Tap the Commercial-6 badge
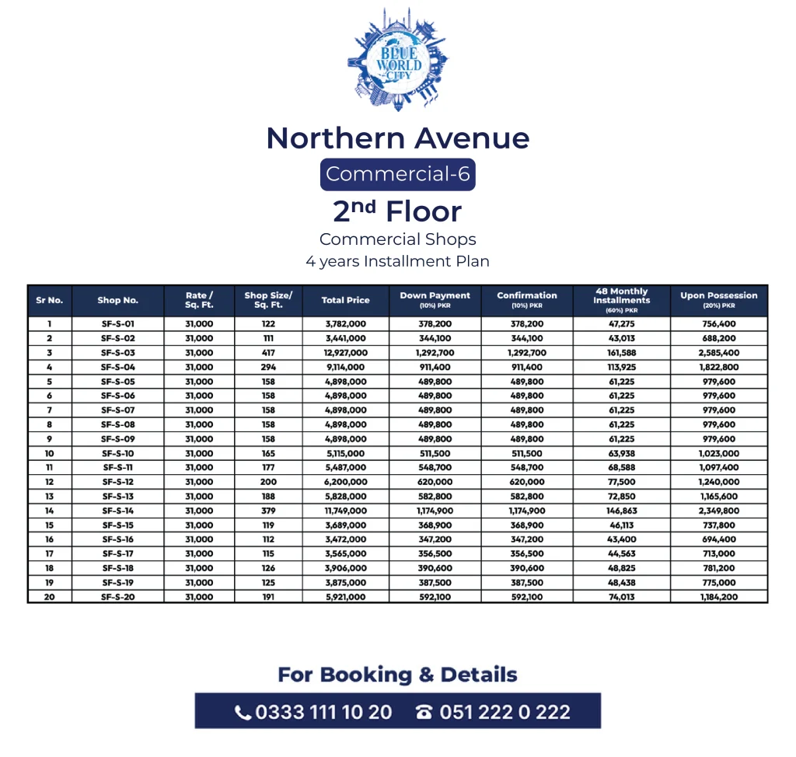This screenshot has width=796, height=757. click(x=397, y=174)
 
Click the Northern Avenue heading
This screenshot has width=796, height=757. click(x=397, y=138)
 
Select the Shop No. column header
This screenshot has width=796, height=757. click(x=118, y=301)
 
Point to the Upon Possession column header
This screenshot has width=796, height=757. click(x=718, y=300)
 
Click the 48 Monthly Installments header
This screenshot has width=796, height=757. click(x=621, y=300)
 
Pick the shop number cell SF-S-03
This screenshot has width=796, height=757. click(x=118, y=353)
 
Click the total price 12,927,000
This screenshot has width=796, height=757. click(x=345, y=353)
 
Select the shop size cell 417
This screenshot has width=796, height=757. click(x=267, y=353)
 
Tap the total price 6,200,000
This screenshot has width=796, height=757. click(x=345, y=482)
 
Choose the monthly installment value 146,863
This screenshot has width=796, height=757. click(x=621, y=511)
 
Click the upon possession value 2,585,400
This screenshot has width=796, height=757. click(x=718, y=353)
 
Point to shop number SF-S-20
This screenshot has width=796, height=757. click(x=118, y=597)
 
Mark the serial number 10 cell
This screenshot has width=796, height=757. click(x=50, y=453)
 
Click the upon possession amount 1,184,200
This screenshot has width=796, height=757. click(x=718, y=597)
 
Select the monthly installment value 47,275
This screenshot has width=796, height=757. click(x=621, y=323)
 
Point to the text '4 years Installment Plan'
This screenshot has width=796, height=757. click(x=397, y=261)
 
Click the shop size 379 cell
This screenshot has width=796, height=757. click(x=267, y=511)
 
